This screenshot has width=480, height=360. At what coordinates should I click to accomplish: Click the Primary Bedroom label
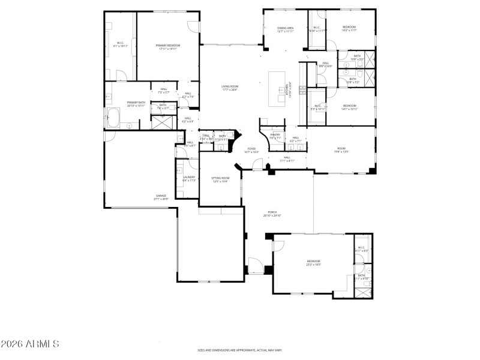pos(168,47)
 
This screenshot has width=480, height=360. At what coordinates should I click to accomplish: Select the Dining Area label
pos(285,29)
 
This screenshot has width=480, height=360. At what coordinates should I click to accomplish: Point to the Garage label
pos(161,197)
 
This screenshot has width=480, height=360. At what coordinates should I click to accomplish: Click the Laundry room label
pos(190,178)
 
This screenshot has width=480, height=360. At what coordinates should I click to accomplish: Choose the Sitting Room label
pos(220,179)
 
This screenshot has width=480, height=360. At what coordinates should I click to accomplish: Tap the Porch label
pos(272,214)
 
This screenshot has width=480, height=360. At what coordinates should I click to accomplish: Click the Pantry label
pos(275,136)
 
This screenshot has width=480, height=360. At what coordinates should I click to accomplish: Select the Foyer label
pos(251,150)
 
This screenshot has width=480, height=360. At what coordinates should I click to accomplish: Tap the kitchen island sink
pos(280,91)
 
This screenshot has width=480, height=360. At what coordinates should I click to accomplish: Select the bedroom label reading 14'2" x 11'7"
pos(349,28)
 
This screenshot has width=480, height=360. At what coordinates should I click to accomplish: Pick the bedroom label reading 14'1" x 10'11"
pos(349,107)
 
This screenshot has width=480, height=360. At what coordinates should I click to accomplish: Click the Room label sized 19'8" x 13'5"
pos(341,150)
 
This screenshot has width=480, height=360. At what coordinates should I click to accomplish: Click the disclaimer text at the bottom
pos(240,350)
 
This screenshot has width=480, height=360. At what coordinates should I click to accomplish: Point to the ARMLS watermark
pos(30,344)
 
